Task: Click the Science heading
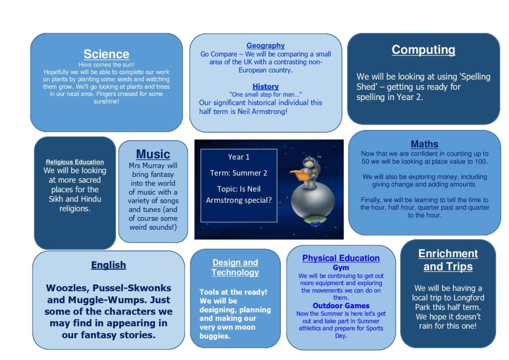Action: pyautogui.click(x=106, y=54)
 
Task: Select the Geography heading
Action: pyautogui.click(x=265, y=45)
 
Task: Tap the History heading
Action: pyautogui.click(x=265, y=87)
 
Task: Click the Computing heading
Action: pyautogui.click(x=424, y=50)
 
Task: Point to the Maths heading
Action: pyautogui.click(x=424, y=144)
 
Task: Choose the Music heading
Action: pyautogui.click(x=153, y=154)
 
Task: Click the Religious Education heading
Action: pyautogui.click(x=75, y=162)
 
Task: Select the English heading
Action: pyautogui.click(x=108, y=265)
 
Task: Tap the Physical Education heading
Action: pyautogui.click(x=341, y=258)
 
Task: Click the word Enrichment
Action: pyautogui.click(x=448, y=254)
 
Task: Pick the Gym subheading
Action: pyautogui.click(x=341, y=268)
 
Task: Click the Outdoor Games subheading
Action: pyautogui.click(x=341, y=305)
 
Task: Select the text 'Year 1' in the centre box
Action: pyautogui.click(x=239, y=157)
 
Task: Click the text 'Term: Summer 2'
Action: pyautogui.click(x=239, y=173)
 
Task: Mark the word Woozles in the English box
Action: pyautogui.click(x=67, y=288)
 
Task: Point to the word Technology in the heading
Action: pyautogui.click(x=235, y=272)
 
